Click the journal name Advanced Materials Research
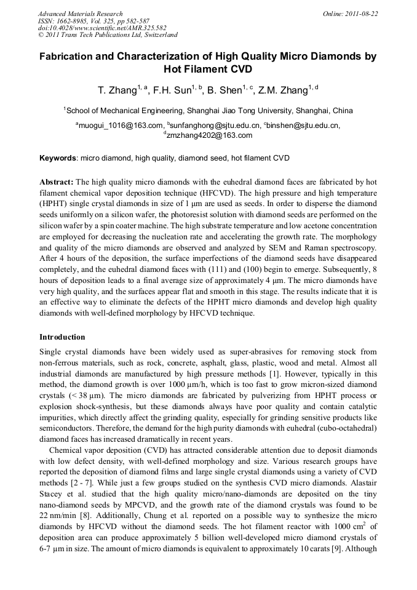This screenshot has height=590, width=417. click(x=80, y=14)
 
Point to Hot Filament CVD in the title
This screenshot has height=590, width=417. click(x=208, y=70)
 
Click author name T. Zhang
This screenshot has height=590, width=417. click(x=116, y=90)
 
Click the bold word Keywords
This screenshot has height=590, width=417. click(x=58, y=158)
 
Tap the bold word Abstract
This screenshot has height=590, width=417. click(x=56, y=182)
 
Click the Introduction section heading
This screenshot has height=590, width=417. click(x=62, y=337)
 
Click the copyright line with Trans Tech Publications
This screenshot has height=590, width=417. click(x=108, y=35)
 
